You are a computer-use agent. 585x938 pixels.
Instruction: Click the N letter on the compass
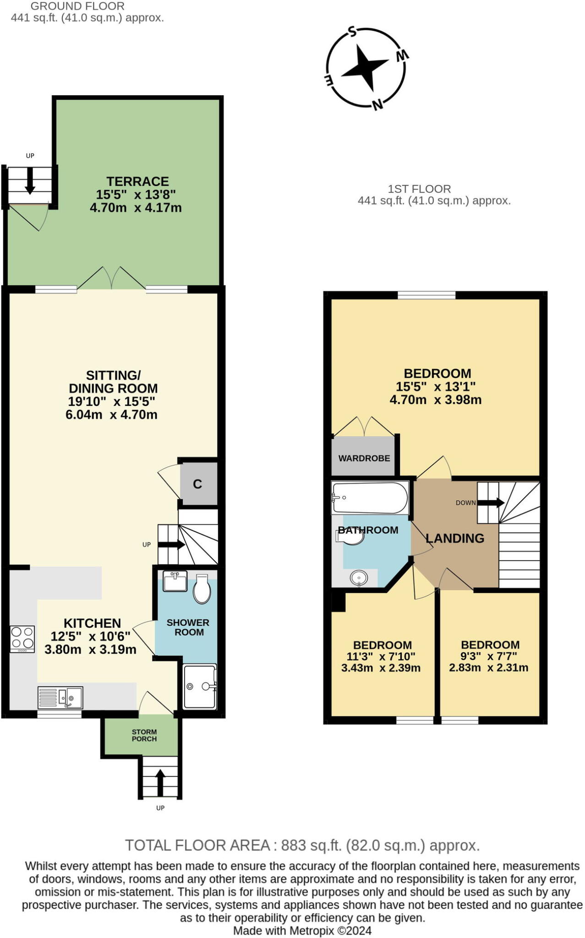point(377,105)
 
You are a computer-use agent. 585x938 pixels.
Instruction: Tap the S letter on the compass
point(352,31)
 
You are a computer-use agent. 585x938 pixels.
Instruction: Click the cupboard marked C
point(197,484)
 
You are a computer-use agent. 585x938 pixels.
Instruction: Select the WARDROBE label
point(364,458)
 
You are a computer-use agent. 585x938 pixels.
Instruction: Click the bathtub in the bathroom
point(370,498)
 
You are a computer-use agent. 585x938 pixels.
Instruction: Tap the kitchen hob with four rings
point(22,639)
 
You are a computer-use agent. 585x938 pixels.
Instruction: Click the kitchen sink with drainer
point(60,698)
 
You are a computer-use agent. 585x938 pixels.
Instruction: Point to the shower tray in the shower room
point(200,686)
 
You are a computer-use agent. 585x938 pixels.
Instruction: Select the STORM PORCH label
point(144,736)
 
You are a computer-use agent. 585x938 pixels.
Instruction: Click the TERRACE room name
point(137,181)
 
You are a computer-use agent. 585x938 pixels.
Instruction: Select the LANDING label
point(455,538)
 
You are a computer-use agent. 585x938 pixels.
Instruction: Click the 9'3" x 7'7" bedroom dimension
point(488,668)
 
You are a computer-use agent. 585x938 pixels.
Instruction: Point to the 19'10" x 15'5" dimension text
point(112,402)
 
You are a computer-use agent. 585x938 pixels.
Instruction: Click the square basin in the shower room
point(175,581)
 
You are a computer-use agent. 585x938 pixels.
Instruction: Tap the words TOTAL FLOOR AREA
point(197,845)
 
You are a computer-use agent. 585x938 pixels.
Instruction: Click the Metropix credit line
point(302,931)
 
